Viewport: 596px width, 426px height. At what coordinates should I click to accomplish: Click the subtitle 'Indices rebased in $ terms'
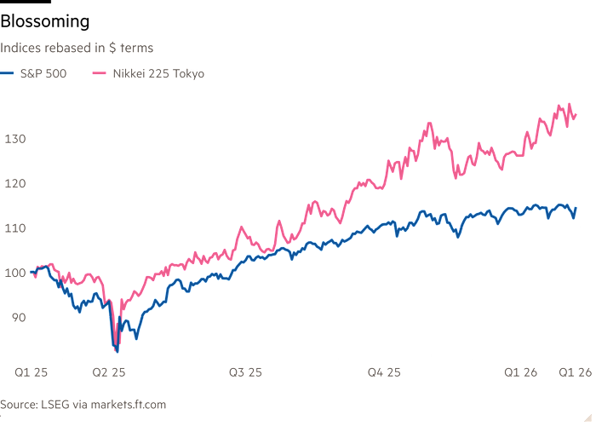coord(77,49)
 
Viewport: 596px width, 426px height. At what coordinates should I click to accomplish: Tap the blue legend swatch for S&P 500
coord(8,73)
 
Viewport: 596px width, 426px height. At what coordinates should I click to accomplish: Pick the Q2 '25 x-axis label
coord(110,372)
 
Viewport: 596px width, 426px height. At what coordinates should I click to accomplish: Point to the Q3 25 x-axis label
coord(247,372)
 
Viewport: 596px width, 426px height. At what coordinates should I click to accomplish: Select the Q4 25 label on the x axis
coord(384,372)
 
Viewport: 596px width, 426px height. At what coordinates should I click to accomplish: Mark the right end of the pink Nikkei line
coord(577,115)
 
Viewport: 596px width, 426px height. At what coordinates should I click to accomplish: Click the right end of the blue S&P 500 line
coord(577,207)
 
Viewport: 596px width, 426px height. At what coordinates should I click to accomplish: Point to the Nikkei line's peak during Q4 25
coord(428,122)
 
